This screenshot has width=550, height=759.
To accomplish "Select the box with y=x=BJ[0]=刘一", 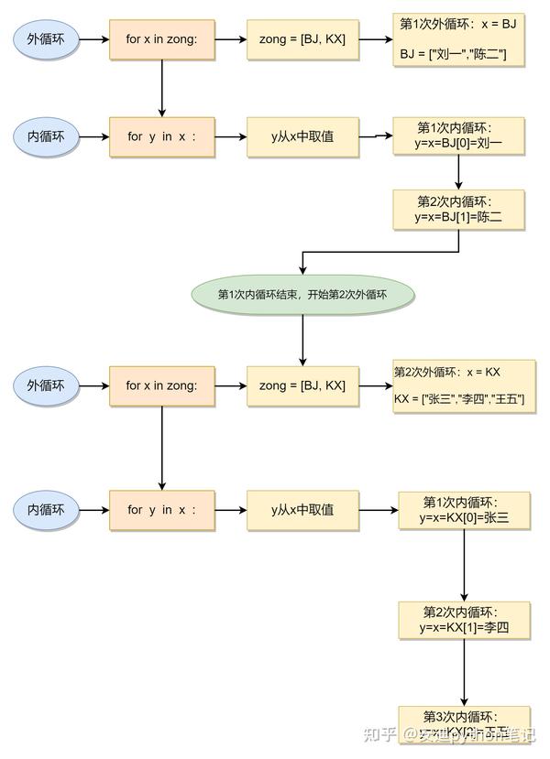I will pyautogui.click(x=458, y=136).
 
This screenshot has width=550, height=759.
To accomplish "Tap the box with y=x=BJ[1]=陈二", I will pyautogui.click(x=458, y=210).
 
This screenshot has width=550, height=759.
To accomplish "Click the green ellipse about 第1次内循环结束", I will pyautogui.click(x=302, y=295).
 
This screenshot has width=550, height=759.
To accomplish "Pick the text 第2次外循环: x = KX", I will pyautogui.click(x=447, y=372).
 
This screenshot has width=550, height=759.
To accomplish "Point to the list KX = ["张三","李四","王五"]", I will pyautogui.click(x=459, y=400).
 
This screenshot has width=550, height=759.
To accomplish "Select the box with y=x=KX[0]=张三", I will pyautogui.click(x=464, y=511).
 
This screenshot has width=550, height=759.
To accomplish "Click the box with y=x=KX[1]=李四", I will pyautogui.click(x=464, y=620).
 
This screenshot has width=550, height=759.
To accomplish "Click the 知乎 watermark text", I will pyautogui.click(x=379, y=734).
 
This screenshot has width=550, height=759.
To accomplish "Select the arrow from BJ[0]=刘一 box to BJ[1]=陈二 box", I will pyautogui.click(x=458, y=173).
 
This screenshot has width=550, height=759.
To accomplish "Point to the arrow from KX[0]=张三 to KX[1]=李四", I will pyautogui.click(x=464, y=565).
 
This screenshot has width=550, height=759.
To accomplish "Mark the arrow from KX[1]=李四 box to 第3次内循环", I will pyautogui.click(x=464, y=673).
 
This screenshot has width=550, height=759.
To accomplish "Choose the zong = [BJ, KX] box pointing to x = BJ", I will pyautogui.click(x=302, y=40).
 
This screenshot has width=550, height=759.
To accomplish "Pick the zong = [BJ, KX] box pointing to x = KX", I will pyautogui.click(x=302, y=386).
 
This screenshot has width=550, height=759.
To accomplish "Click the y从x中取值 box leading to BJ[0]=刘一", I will pyautogui.click(x=302, y=136).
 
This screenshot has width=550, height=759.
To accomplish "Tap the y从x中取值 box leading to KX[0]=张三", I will pyautogui.click(x=302, y=510).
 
